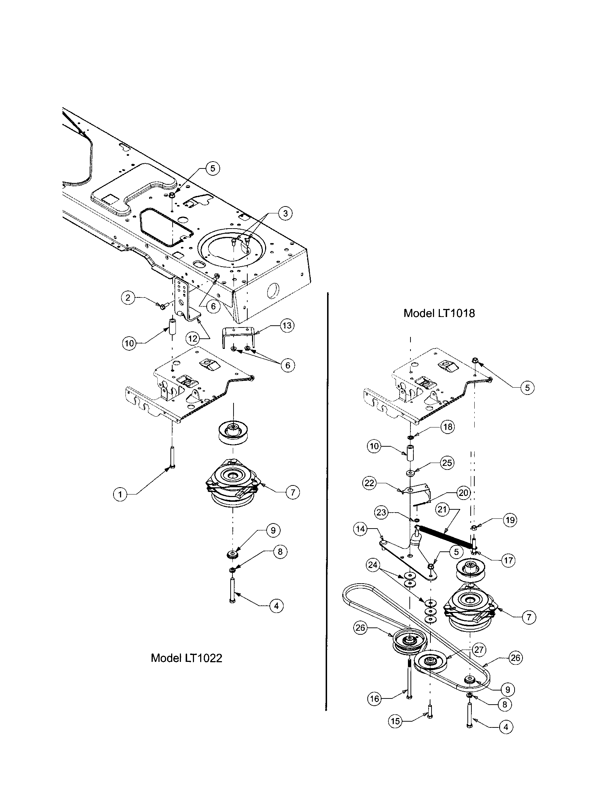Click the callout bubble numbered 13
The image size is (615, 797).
pos(287,325)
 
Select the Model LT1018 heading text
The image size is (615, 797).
pos(439,313)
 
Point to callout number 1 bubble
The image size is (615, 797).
pos(120,495)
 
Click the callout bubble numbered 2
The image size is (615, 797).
pos(128,298)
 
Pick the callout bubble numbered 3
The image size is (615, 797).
pos(285,213)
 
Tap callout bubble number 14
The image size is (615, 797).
pos(360,529)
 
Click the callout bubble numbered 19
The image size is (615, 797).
pos(510,520)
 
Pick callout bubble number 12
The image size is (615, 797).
pos(193,338)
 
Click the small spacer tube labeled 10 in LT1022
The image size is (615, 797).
pos(173,326)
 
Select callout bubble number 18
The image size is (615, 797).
pos(448,427)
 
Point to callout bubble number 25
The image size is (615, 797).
pos(447,463)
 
